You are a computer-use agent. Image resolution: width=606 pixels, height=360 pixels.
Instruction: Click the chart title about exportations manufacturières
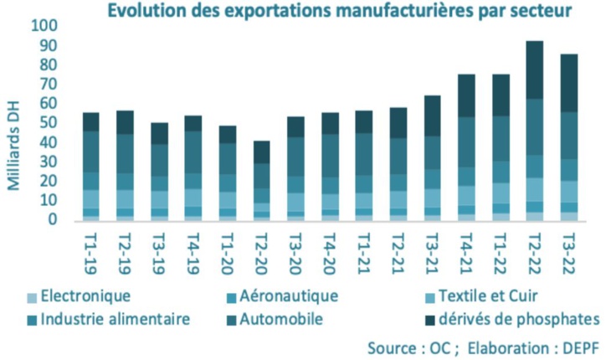point(338,11)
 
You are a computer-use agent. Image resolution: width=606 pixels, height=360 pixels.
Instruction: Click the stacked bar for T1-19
point(91,167)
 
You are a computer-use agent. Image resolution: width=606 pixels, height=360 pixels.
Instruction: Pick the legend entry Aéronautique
point(289,296)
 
